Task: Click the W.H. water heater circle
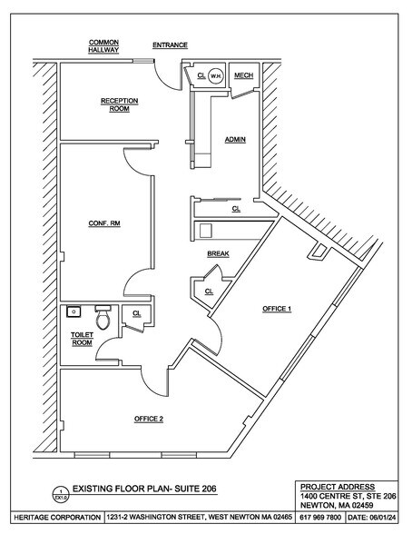tap(215, 75)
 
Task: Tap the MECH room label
tap(243, 75)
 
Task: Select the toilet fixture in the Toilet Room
tap(103, 318)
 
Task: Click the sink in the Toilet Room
tap(74, 311)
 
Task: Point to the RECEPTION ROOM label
tap(120, 105)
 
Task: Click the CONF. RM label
tap(104, 223)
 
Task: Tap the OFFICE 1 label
tap(277, 309)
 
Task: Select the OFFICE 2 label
tap(149, 419)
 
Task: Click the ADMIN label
tap(235, 140)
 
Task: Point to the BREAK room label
tap(218, 254)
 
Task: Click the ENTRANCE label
tap(170, 45)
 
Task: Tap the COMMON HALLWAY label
tap(103, 46)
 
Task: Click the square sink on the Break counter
tap(206, 231)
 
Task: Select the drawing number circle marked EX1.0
tap(61, 494)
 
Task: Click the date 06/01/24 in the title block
tap(372, 518)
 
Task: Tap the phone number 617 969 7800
tap(320, 518)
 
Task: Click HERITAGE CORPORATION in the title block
tap(57, 518)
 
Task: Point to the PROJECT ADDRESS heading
tap(338, 487)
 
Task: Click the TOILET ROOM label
tap(82, 339)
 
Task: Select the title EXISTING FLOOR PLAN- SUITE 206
tap(144, 489)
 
